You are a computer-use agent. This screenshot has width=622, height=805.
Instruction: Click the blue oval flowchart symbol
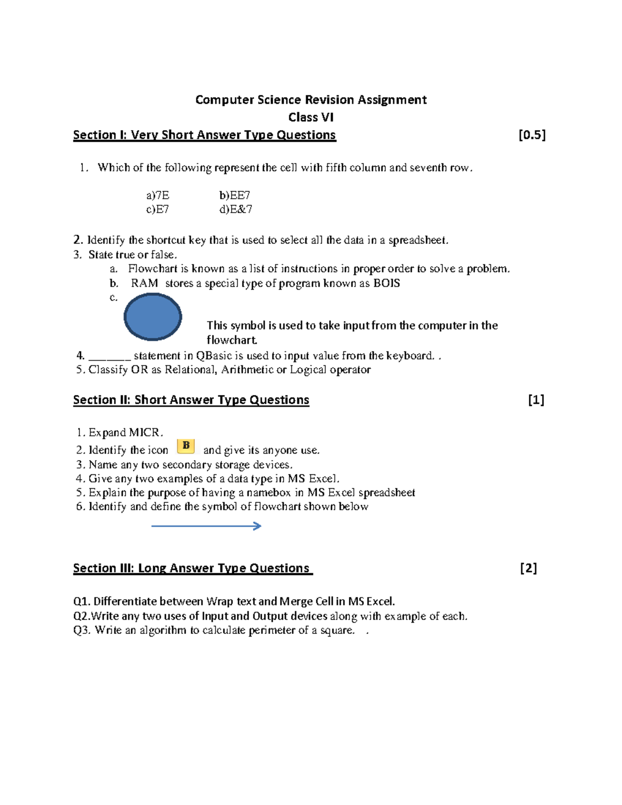click(x=152, y=317)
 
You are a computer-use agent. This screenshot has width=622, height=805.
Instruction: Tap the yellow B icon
click(x=186, y=446)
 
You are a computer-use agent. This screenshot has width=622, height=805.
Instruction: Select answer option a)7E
click(x=158, y=195)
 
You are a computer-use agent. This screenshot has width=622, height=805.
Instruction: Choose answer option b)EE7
click(x=234, y=195)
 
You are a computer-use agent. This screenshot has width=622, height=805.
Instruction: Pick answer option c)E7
click(x=158, y=209)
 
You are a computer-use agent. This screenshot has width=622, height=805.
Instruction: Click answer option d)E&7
click(x=235, y=209)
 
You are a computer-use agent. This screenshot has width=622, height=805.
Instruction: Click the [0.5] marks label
click(x=532, y=135)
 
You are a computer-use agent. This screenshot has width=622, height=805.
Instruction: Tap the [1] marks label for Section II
click(x=536, y=400)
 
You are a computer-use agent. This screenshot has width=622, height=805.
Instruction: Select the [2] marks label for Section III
click(x=528, y=568)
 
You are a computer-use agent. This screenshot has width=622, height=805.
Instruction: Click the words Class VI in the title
click(x=310, y=117)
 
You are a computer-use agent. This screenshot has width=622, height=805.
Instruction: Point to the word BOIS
click(x=387, y=283)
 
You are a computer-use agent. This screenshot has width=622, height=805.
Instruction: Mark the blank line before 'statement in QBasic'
click(x=109, y=357)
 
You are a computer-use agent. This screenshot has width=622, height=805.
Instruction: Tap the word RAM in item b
click(x=144, y=283)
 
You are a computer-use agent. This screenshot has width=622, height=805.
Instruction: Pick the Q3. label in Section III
click(x=82, y=630)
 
